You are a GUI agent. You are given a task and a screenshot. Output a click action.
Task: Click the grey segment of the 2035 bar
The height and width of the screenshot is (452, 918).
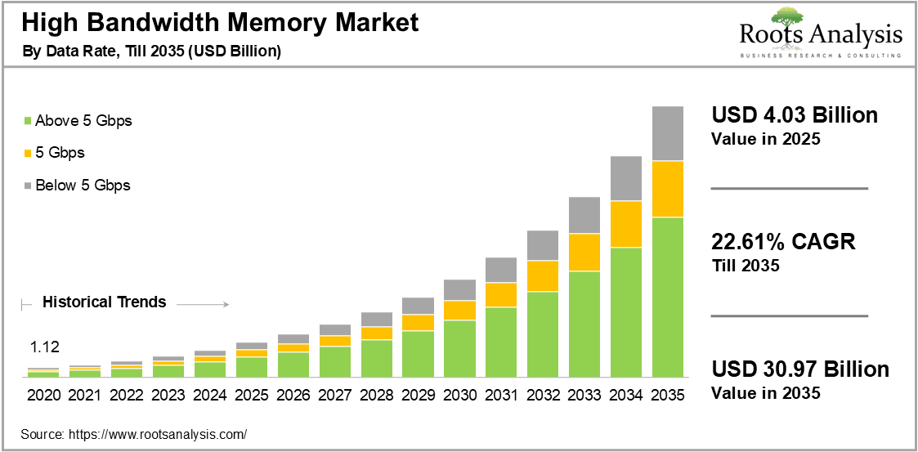[667, 133]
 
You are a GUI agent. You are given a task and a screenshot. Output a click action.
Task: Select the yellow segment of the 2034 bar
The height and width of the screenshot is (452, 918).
[626, 224]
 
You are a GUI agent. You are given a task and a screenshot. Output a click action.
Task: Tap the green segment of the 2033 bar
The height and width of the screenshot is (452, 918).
[584, 324]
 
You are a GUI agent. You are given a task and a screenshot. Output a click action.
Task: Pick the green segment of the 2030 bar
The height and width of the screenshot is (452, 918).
[459, 348]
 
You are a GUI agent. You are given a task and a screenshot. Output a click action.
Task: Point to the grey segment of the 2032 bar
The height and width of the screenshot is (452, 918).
[543, 245]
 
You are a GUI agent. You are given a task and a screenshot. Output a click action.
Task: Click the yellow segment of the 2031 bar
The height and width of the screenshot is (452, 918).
[501, 295]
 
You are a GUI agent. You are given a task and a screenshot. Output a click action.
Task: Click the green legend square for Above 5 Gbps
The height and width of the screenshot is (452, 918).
[29, 121]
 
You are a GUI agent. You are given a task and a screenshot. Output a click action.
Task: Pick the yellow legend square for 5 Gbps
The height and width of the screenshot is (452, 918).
[29, 153]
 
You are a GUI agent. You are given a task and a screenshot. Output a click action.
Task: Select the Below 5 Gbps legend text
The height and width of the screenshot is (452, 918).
[83, 185]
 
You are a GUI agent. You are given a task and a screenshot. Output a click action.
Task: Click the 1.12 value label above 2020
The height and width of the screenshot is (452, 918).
[43, 346]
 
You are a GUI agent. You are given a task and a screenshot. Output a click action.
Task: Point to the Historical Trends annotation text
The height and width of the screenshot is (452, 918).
[104, 302]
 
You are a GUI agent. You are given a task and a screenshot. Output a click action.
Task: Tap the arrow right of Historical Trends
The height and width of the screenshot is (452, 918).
[202, 304]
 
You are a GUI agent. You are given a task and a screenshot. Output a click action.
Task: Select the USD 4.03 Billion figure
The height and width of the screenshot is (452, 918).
[795, 115]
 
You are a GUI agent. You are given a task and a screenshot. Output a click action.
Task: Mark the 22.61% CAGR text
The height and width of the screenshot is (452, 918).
[783, 242]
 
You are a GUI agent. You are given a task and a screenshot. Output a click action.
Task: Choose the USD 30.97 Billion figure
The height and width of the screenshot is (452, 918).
[799, 369]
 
